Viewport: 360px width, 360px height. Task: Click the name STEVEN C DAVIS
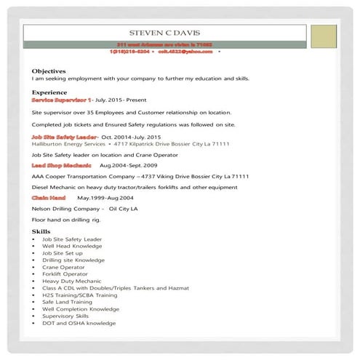[x=164, y=33]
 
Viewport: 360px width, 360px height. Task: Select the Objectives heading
[x=49, y=71]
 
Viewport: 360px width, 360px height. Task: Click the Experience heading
[x=49, y=92]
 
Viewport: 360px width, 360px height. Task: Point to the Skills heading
[x=41, y=231]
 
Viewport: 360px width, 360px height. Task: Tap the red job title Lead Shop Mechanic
[x=62, y=166]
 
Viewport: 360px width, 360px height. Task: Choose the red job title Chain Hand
[x=49, y=197]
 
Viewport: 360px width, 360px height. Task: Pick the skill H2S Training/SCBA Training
[x=79, y=295]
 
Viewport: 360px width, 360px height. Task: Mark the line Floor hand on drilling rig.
[x=65, y=218]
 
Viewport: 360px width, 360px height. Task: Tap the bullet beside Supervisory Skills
[x=35, y=316]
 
